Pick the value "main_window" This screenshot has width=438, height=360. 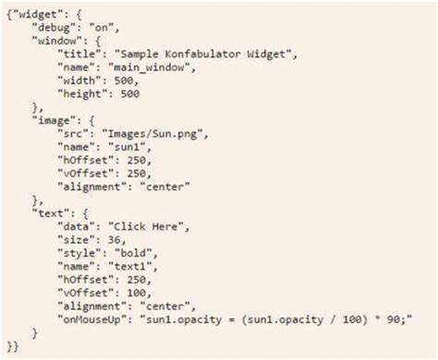point(150,70)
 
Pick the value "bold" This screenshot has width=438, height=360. point(140,252)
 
